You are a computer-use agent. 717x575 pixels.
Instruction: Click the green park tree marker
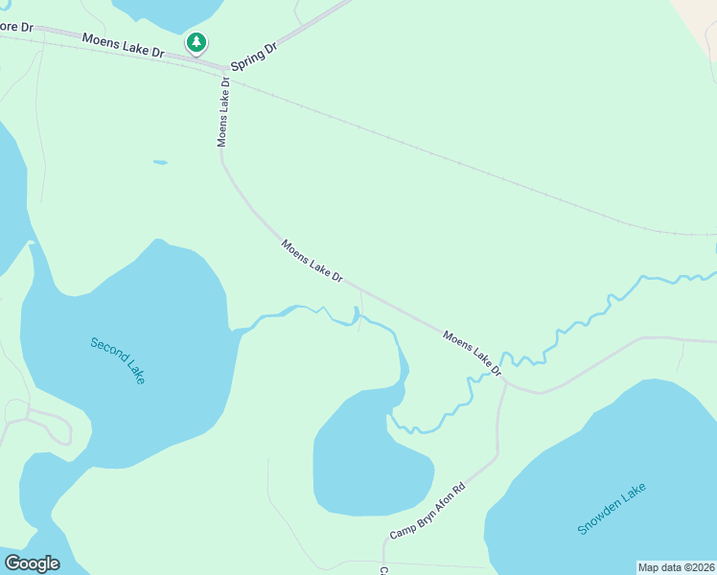197,42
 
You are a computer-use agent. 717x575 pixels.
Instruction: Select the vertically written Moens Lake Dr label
224,110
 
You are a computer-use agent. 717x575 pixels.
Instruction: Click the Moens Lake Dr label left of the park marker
123,45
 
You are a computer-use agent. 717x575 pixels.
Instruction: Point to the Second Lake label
118,359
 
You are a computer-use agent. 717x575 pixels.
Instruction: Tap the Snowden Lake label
612,509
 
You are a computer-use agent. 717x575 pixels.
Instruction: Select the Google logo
32,563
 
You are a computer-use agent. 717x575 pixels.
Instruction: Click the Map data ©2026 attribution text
676,567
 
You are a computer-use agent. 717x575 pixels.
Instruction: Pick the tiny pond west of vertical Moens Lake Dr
160,162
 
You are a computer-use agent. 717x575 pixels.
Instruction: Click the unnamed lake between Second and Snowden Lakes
369,460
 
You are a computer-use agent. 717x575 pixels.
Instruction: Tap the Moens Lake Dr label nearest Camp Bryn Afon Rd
472,353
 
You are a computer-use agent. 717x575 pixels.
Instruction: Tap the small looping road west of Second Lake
43,426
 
